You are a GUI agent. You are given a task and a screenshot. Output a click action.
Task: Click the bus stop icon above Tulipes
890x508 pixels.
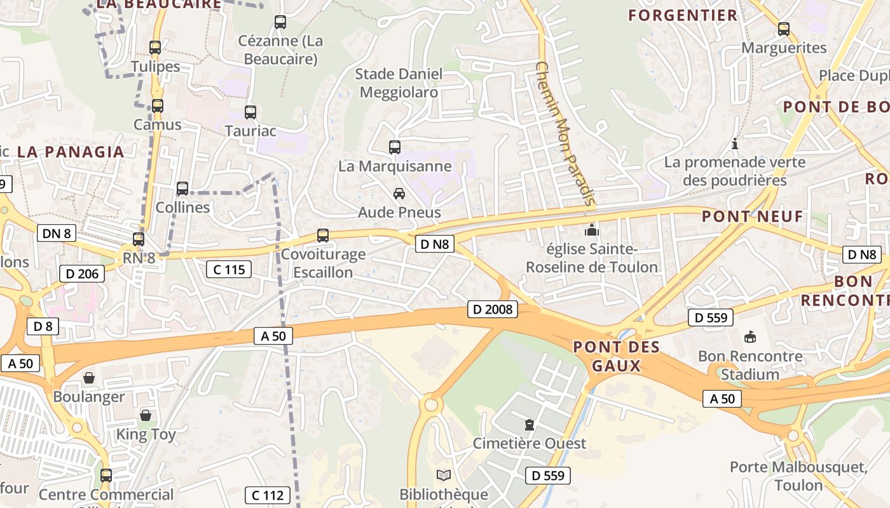point(155,47)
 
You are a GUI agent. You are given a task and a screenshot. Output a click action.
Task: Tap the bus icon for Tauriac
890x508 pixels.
point(250,112)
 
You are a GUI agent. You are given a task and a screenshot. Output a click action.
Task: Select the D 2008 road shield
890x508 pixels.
point(493,310)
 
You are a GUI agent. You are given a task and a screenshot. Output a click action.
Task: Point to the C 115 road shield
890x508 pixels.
point(229,269)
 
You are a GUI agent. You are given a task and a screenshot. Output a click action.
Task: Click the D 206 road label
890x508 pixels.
point(82,274)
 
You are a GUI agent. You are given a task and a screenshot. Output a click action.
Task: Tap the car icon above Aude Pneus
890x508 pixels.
point(399,193)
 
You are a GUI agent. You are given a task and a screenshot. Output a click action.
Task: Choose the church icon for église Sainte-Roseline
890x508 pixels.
point(592,229)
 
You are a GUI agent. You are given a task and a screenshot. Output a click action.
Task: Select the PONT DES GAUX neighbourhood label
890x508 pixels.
point(616,356)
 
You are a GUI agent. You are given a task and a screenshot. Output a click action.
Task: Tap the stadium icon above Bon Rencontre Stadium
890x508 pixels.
point(750,337)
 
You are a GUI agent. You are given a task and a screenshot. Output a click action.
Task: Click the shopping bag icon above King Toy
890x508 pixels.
point(146,416)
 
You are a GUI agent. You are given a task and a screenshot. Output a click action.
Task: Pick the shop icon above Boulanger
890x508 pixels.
point(89,378)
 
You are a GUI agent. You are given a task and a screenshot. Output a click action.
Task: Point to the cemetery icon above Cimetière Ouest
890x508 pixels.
point(529,424)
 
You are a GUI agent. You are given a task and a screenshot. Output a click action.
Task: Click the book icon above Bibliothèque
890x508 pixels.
point(444,475)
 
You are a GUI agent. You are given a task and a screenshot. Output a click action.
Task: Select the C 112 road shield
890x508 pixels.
point(268,495)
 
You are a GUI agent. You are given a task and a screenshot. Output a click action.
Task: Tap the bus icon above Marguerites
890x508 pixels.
point(784,29)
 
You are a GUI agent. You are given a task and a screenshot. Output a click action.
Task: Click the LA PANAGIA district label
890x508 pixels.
point(71,152)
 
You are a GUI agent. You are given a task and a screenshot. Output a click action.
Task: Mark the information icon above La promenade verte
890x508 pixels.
point(735,144)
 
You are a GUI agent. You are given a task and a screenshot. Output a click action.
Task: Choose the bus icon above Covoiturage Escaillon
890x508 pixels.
point(323,236)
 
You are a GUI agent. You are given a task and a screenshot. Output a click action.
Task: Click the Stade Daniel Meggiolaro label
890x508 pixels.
point(399,83)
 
